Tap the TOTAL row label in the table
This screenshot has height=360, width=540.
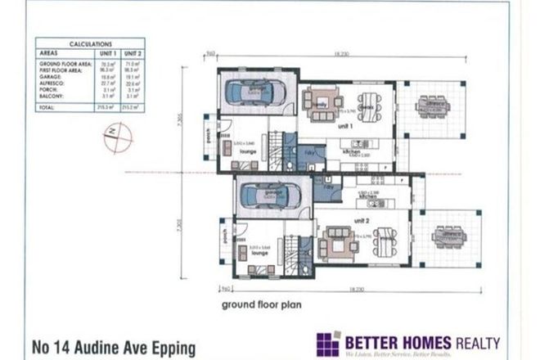pyautogui.click(x=48, y=107)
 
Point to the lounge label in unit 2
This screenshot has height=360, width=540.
pyautogui.click(x=260, y=254)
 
